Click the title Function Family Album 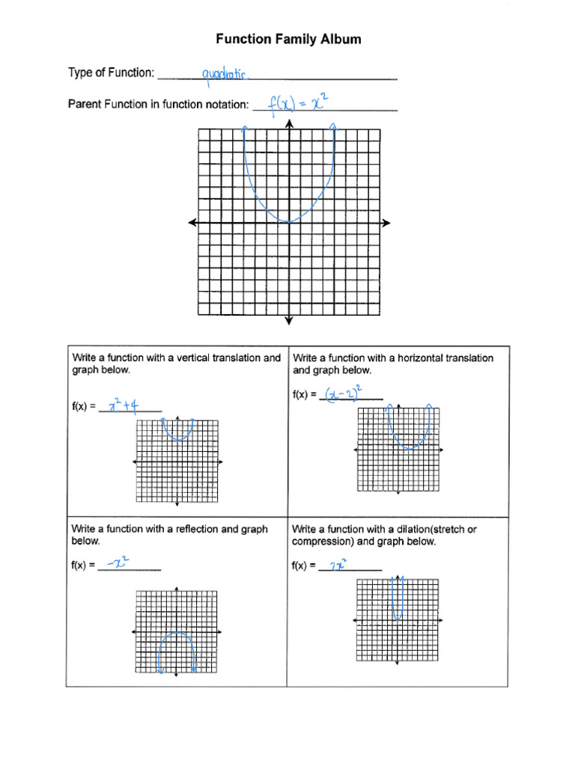click(x=288, y=39)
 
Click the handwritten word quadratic click(x=225, y=74)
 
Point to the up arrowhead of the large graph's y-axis click(x=289, y=124)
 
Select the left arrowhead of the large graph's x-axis click(x=192, y=222)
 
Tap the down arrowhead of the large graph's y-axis click(x=289, y=321)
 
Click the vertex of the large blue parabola click(x=289, y=221)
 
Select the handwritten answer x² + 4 click(x=122, y=406)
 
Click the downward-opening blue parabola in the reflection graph click(x=177, y=636)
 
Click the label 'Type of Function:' click(x=112, y=73)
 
